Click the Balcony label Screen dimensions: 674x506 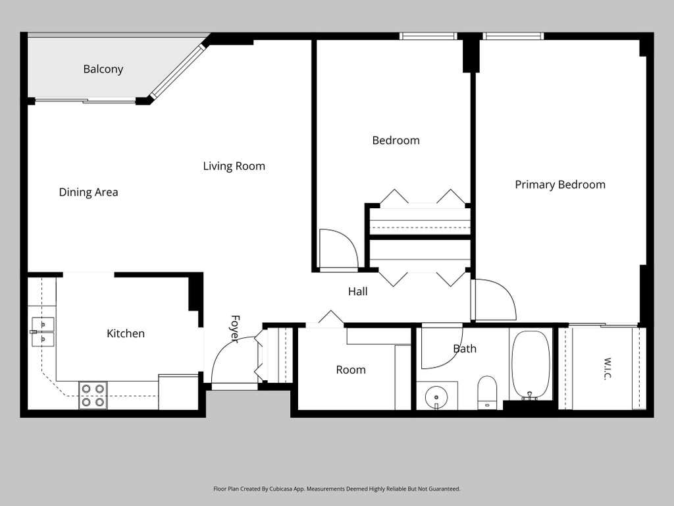tap(103, 69)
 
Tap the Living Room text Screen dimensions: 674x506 tap(234, 166)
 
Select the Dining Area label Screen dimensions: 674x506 tap(89, 192)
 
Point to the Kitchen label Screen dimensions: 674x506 tap(126, 333)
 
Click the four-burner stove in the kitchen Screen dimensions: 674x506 tap(93, 395)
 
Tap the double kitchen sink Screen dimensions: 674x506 tap(43, 332)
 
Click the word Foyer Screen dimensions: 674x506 tap(235, 329)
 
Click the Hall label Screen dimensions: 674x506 tap(357, 292)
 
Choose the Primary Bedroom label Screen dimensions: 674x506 tap(560, 185)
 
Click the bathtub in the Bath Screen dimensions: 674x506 tap(531, 365)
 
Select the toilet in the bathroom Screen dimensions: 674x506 tap(487, 393)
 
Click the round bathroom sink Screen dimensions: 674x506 tap(436, 397)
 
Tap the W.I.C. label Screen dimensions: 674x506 tap(607, 369)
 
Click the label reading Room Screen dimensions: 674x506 tap(351, 370)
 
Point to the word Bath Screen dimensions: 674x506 tap(465, 349)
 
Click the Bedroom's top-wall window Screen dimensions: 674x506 tap(428, 36)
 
